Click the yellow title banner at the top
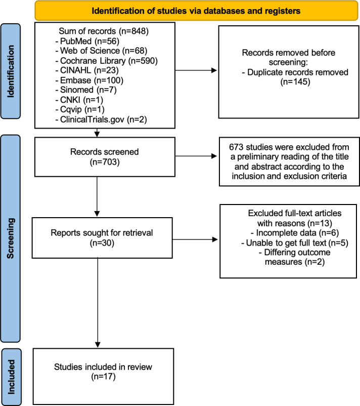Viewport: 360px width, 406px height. [196, 11]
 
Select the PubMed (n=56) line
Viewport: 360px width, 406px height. [87, 41]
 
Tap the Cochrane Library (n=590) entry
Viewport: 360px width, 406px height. [106, 61]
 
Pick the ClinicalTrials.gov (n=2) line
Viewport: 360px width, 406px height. [101, 119]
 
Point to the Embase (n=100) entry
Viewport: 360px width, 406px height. [89, 80]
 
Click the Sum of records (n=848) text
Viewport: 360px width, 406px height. [104, 31]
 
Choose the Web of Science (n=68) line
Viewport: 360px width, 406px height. [101, 51]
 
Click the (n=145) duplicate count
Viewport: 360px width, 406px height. [295, 82]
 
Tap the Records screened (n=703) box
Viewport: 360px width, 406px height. [105, 157]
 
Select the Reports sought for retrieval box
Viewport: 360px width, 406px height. [102, 238]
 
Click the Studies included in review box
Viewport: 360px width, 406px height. [103, 376]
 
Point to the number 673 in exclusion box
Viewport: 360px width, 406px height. [236, 147]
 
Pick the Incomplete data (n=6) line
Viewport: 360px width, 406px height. [295, 233]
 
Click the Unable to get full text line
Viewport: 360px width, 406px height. [295, 243]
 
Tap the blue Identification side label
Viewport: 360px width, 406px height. [11, 71]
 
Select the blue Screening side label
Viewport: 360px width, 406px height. [11, 238]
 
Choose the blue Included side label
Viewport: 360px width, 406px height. [12, 377]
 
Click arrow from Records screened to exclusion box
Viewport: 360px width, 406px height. [196, 156]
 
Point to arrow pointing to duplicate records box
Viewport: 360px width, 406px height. [196, 70]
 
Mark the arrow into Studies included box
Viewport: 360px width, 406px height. [98, 303]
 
